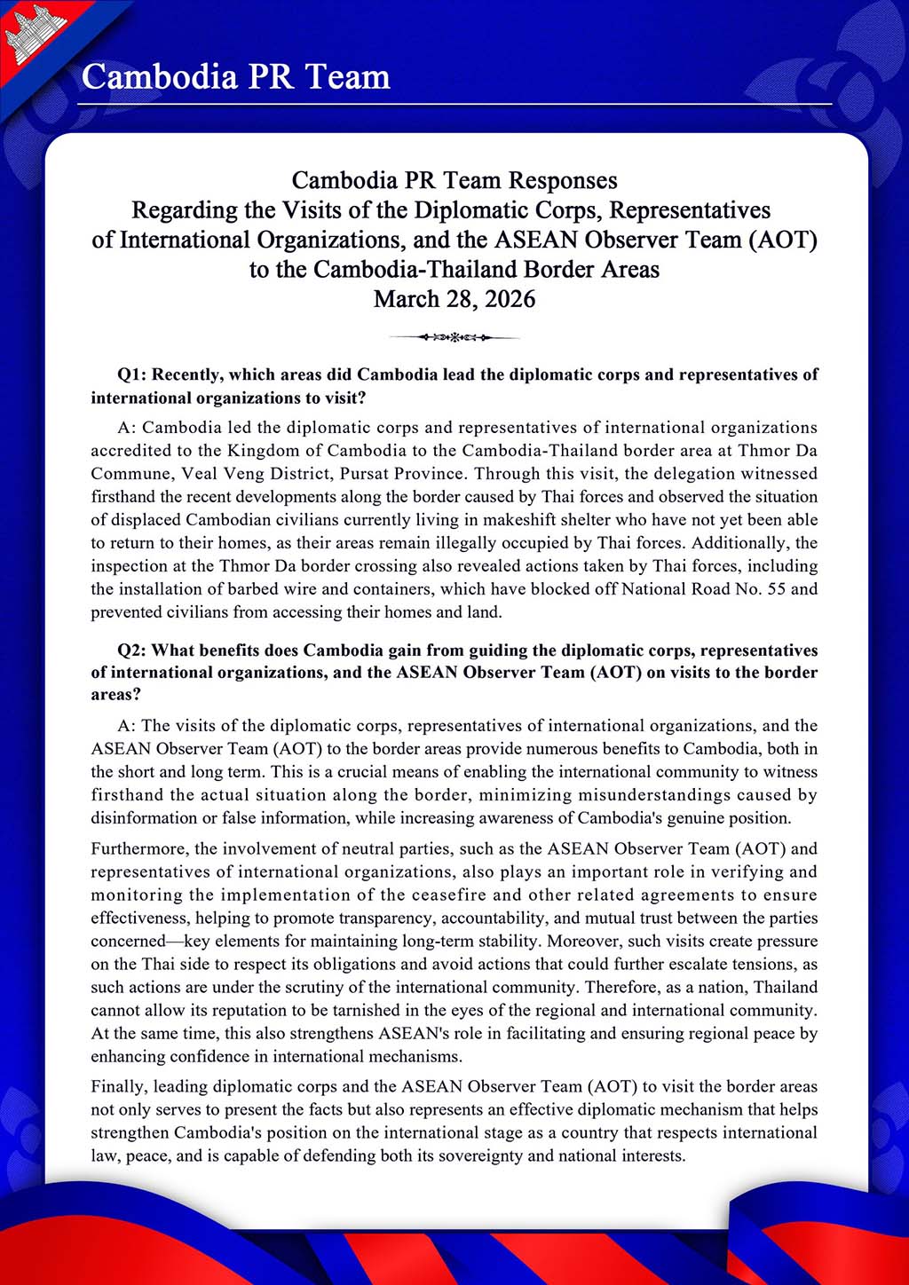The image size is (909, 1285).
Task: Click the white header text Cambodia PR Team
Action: point(236,77)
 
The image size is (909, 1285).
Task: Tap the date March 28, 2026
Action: point(454,299)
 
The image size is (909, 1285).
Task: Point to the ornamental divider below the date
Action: point(454,337)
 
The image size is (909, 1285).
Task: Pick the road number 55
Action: point(776,589)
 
